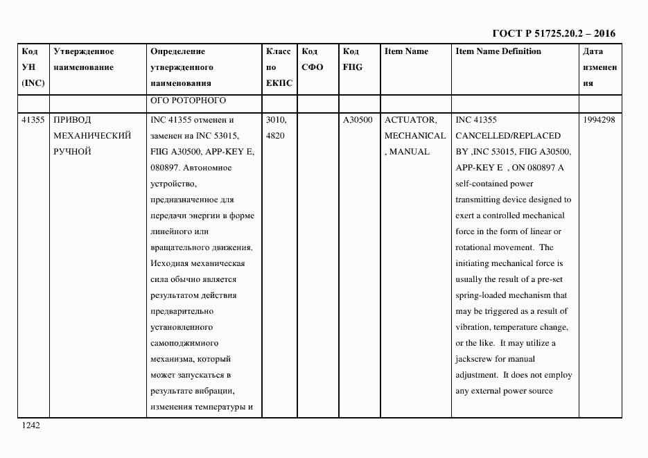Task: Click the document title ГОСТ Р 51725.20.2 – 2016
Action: click(x=553, y=33)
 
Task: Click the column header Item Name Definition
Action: click(x=498, y=51)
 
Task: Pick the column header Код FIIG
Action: click(x=352, y=60)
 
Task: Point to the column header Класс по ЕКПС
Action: click(x=279, y=67)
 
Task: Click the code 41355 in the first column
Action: click(x=33, y=120)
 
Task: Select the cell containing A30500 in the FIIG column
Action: click(x=358, y=120)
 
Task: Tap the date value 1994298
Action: click(x=599, y=120)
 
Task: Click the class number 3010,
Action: click(x=276, y=120)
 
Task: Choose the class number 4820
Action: click(x=274, y=136)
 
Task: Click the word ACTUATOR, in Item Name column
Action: click(x=410, y=120)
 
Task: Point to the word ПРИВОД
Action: click(x=71, y=120)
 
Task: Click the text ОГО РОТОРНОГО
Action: click(x=188, y=100)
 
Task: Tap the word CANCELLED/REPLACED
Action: click(x=508, y=136)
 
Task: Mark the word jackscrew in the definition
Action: click(x=475, y=360)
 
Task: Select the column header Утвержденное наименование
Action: click(x=84, y=60)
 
